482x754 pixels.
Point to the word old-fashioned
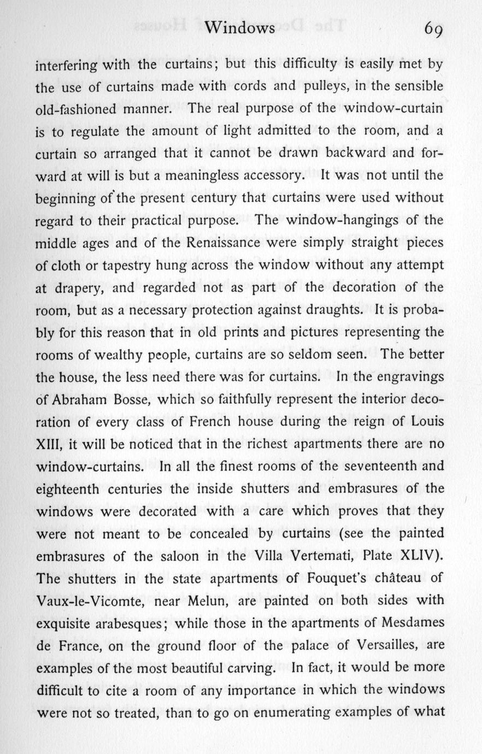(x=75, y=109)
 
